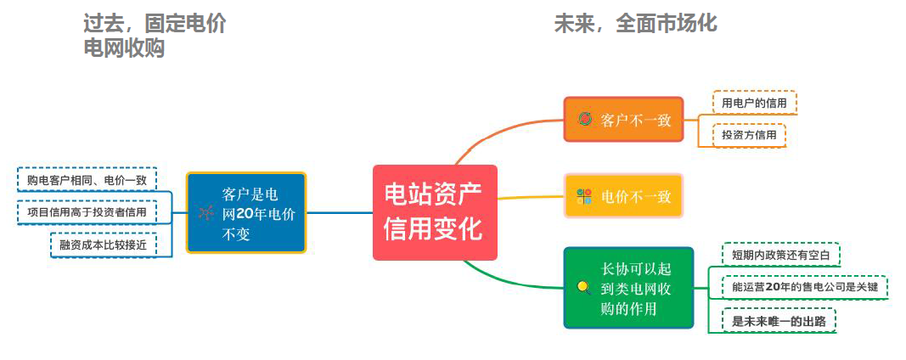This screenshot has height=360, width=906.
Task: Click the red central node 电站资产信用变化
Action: click(x=434, y=212)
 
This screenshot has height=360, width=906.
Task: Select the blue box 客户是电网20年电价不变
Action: click(x=246, y=212)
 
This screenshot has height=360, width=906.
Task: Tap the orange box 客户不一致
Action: click(x=623, y=119)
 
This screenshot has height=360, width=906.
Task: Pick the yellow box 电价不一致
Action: click(x=623, y=196)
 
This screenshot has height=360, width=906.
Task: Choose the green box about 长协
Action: click(x=628, y=288)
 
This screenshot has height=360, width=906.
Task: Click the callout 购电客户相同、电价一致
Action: click(x=87, y=180)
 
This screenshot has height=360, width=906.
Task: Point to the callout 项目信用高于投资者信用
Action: click(x=87, y=211)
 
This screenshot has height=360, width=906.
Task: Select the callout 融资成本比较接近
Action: click(x=104, y=244)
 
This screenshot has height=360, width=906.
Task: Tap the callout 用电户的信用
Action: click(x=754, y=103)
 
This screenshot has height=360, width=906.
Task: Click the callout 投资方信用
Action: click(x=749, y=135)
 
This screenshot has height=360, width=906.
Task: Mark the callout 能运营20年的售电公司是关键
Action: click(x=804, y=287)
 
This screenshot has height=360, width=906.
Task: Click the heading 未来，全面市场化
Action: click(x=635, y=23)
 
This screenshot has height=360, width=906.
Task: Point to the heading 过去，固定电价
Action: click(x=155, y=23)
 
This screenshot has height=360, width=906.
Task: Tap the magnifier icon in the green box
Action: click(x=583, y=287)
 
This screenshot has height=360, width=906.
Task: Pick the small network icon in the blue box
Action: click(x=205, y=212)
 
